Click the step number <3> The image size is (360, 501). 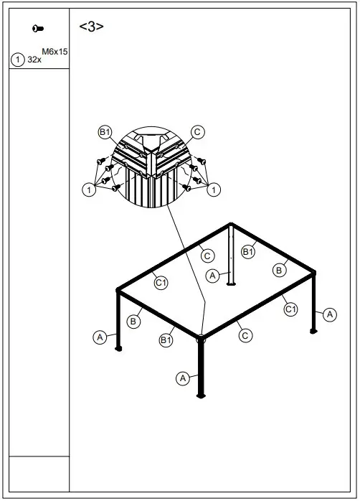click(91, 27)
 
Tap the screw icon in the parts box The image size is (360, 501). click(37, 28)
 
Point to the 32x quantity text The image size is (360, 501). click(34, 61)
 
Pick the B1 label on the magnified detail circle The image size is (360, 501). click(105, 132)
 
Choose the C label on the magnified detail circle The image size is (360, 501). click(199, 132)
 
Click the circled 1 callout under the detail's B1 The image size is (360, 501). click(88, 189)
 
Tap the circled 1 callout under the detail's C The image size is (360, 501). click(214, 189)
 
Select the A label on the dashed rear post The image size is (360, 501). click(212, 275)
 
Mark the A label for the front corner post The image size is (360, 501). click(183, 377)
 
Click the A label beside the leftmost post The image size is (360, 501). click(100, 336)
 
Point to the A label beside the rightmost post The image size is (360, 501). click(329, 314)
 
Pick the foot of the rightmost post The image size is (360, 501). click(313, 331)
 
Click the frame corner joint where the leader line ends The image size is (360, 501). click(201, 336)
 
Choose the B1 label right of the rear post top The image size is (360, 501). click(248, 252)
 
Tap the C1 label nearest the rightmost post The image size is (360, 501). click(290, 309)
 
